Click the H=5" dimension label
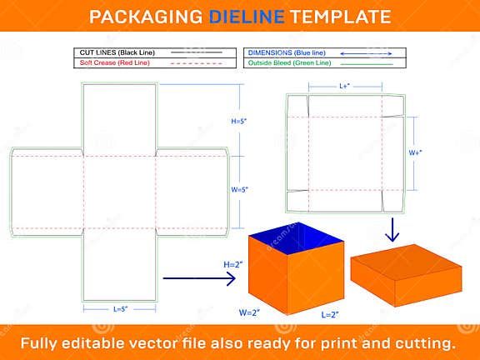[x=238, y=122]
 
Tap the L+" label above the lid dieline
[x=345, y=85]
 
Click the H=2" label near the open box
[x=232, y=264]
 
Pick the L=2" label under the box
[x=331, y=316]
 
